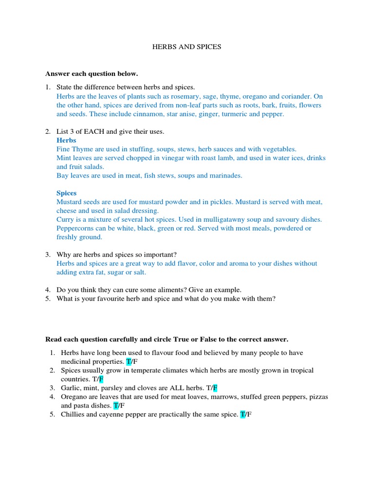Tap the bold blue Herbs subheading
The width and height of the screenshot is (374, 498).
click(x=66, y=141)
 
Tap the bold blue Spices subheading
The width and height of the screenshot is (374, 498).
click(x=67, y=193)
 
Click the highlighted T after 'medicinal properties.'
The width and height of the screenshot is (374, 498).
click(x=129, y=362)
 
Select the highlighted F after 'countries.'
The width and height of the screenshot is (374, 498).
click(x=101, y=379)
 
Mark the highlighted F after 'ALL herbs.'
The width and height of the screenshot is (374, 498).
click(x=215, y=388)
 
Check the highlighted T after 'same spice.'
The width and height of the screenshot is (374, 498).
click(x=243, y=414)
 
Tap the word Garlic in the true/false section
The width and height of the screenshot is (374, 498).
click(x=71, y=388)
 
